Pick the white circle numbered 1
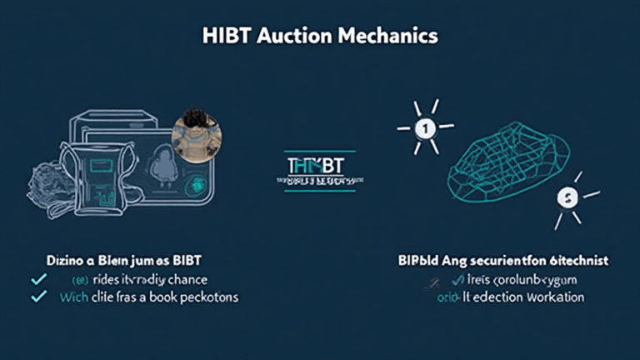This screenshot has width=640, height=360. tap(424, 129)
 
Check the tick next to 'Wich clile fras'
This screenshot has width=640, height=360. tap(37, 297)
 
